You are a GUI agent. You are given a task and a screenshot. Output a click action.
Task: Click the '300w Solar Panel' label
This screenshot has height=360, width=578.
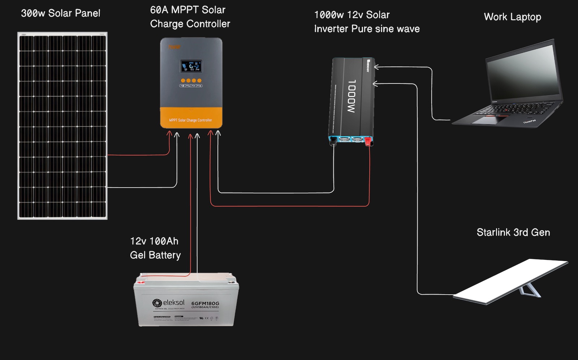click(60, 13)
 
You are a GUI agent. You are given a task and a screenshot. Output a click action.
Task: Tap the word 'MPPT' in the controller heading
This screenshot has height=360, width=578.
click(185, 10)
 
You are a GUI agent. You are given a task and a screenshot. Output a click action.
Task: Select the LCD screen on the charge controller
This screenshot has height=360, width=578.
click(191, 66)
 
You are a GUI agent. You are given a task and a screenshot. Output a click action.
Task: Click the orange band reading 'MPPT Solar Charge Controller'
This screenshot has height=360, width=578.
click(191, 118)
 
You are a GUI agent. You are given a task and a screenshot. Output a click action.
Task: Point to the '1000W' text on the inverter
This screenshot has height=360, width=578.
click(351, 96)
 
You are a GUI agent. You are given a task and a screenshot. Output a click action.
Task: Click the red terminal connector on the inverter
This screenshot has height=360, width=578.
click(368, 141)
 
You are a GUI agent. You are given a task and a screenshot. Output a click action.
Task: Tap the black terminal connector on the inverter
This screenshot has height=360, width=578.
click(333, 141)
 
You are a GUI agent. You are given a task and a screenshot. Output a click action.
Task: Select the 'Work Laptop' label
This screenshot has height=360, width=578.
click(512, 17)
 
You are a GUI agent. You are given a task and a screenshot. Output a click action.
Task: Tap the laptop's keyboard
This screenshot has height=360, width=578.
click(513, 108)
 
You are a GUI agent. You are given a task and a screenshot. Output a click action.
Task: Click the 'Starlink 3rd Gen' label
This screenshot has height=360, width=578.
click(513, 232)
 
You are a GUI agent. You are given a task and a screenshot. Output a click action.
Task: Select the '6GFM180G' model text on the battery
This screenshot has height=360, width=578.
click(205, 303)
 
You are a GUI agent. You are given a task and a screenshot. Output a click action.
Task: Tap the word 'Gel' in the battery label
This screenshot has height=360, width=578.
click(137, 255)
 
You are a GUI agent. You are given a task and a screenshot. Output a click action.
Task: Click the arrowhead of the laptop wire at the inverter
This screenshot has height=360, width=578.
click(376, 67)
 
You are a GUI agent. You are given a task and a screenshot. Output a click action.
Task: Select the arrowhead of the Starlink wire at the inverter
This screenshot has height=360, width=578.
click(375, 84)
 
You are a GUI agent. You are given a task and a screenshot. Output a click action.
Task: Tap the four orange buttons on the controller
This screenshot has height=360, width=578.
click(191, 81)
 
